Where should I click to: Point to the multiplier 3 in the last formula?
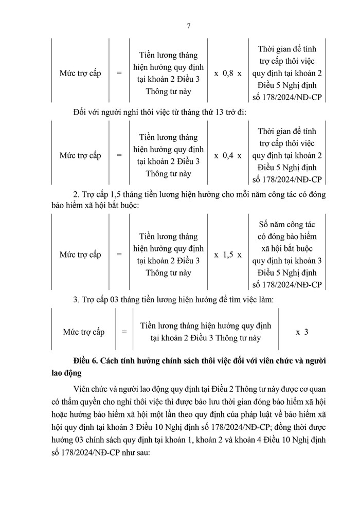[305, 332]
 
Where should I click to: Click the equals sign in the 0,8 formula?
[119, 73]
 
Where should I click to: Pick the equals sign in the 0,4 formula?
[119, 155]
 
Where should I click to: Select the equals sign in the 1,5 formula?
[119, 254]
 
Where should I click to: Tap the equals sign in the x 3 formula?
[124, 332]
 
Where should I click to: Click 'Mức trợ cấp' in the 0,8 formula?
[80, 73]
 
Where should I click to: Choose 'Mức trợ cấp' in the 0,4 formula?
[80, 155]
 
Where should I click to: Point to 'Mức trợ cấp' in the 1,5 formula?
[80, 254]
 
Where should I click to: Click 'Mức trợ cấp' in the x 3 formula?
[83, 332]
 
